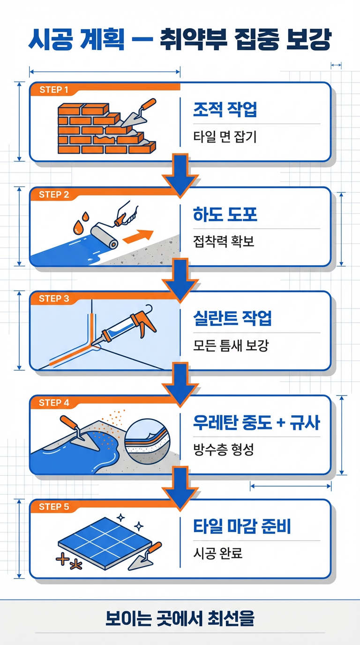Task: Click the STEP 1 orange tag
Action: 54,90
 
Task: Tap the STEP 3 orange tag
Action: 54,299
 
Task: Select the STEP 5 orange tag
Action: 54,507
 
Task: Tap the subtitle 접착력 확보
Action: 224,241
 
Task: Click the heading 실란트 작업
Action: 232,319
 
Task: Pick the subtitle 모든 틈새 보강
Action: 231,345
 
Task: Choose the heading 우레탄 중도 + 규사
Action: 256,423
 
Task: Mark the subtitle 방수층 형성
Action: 224,450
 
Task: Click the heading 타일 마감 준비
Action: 242,526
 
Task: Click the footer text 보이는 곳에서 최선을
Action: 180,618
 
